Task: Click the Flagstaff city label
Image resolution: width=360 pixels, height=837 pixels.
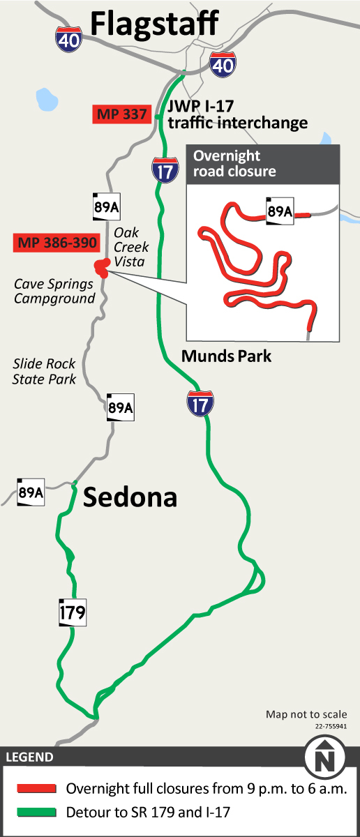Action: click(155, 24)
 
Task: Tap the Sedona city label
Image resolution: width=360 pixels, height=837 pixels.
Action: click(130, 497)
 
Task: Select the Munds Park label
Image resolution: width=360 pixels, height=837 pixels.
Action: click(226, 356)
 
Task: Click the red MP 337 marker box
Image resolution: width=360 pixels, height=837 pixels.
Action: click(122, 114)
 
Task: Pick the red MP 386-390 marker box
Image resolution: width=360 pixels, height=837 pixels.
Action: click(56, 243)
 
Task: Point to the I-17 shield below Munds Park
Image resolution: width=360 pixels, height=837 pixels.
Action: click(200, 403)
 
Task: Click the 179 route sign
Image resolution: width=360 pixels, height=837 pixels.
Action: click(72, 613)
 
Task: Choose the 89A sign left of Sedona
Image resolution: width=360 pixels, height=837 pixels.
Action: click(31, 492)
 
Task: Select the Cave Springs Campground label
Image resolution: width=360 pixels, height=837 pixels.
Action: click(54, 292)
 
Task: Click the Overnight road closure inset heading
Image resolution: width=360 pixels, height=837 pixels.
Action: click(234, 163)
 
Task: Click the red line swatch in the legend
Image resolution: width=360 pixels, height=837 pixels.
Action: click(36, 788)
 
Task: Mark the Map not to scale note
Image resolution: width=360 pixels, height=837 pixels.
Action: click(306, 714)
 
